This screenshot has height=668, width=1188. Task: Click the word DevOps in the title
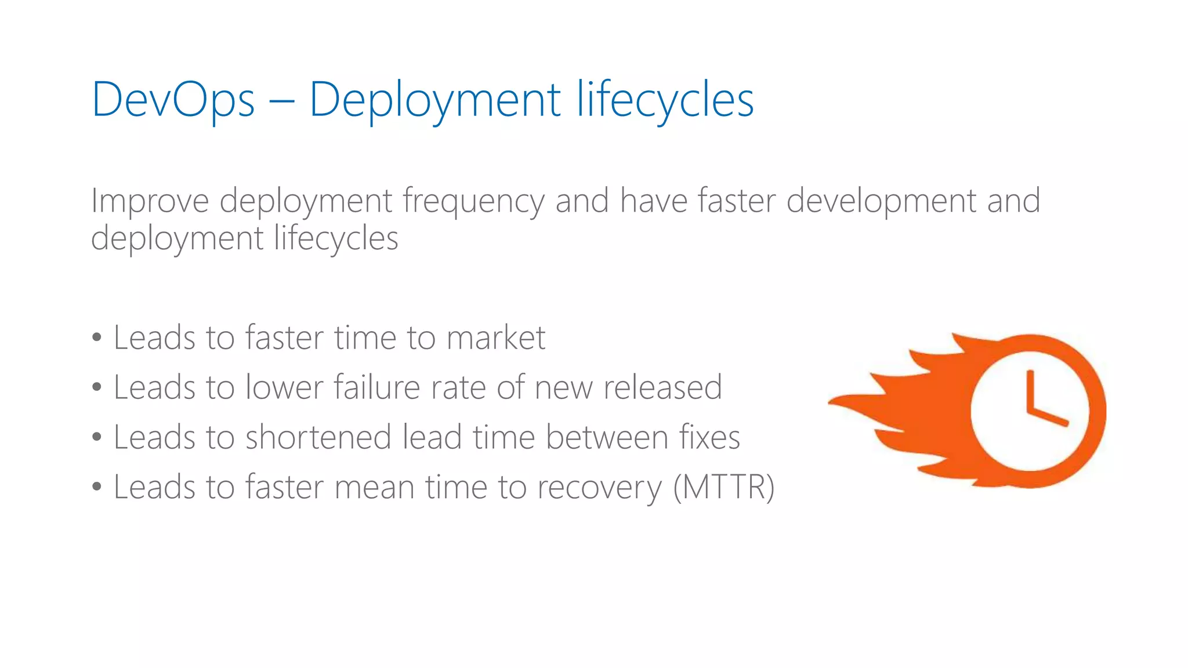[x=173, y=100]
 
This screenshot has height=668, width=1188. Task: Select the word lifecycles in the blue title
[x=665, y=100]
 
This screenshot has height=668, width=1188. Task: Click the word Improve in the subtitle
[x=150, y=201]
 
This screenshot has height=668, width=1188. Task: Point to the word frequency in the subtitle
[x=473, y=201]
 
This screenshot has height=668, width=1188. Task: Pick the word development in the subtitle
[x=881, y=201]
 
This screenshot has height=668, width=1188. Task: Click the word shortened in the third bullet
[x=318, y=437]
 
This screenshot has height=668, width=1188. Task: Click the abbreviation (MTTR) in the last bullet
[x=723, y=487]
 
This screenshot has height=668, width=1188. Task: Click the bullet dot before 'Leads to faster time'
[x=97, y=337]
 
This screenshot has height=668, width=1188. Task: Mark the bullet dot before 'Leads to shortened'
[x=97, y=437]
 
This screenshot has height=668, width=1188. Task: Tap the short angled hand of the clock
[x=1049, y=418]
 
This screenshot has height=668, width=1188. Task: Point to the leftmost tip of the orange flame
[x=831, y=402]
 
